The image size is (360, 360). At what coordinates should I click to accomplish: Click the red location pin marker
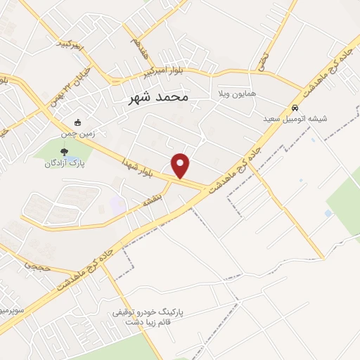(181, 166)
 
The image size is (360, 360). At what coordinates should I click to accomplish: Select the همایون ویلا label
(233, 93)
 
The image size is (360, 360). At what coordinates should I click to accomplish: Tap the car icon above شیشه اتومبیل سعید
(294, 108)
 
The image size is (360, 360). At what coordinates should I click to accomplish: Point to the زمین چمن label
(77, 131)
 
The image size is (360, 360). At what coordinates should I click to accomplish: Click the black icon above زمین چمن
(77, 121)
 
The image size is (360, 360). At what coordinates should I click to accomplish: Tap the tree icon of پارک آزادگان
(65, 150)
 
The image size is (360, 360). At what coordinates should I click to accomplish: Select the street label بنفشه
(150, 200)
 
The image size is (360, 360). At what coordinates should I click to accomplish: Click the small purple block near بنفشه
(117, 205)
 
